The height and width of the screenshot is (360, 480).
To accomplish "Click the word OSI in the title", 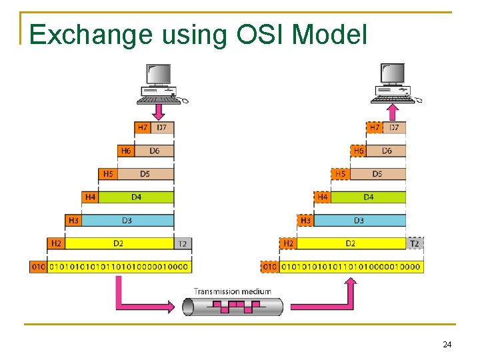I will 256,34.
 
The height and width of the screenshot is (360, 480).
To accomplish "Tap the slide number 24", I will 447,344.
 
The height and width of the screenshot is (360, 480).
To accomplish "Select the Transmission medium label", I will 232,291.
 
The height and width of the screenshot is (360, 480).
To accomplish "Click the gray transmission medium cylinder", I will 233,307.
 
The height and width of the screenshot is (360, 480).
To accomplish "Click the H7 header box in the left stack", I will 143,127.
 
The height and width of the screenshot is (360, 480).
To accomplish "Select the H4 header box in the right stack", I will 323,197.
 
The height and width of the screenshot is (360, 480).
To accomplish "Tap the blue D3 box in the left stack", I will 127,220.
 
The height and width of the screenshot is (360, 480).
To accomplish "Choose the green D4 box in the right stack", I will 369,197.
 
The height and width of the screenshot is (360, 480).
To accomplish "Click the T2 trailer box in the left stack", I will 182,243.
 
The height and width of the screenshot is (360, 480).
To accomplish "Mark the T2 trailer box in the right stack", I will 415,243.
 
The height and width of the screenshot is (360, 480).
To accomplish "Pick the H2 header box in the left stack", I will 56,243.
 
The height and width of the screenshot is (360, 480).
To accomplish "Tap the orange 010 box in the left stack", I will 39,267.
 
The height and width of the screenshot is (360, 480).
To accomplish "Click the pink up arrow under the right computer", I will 393,110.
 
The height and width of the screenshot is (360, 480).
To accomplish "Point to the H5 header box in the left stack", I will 107,174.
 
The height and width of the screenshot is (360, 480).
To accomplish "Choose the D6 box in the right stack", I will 387,151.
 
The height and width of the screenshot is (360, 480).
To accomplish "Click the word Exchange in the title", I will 91,34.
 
